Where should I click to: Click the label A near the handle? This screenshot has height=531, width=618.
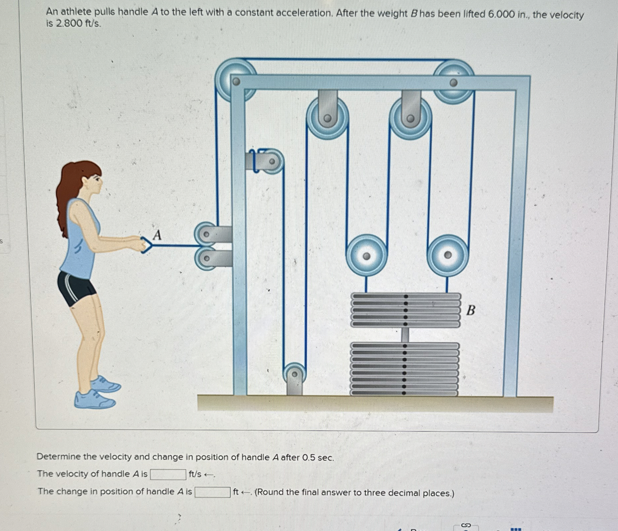157,235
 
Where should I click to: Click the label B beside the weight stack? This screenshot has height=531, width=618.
471,310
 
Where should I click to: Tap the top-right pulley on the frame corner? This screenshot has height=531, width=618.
454,82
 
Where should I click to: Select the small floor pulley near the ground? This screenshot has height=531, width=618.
294,375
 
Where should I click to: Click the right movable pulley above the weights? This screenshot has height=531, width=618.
448,255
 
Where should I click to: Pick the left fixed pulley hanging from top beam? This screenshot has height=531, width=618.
328,118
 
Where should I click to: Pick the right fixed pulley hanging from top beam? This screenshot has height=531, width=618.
411,118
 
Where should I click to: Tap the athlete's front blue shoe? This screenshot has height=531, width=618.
106,385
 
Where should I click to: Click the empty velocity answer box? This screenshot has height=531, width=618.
168,474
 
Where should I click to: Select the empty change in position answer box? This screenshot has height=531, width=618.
212,492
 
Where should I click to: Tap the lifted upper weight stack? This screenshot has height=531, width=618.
406,310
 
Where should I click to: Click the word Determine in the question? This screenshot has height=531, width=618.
59,457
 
